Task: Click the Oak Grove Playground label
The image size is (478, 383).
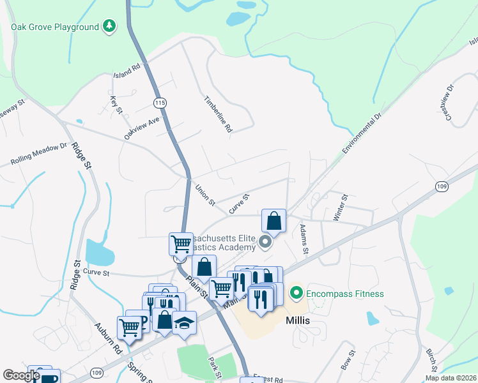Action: pos(55,27)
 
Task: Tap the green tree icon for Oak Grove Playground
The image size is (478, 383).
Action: pos(110,26)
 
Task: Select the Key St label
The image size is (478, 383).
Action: pos(116,105)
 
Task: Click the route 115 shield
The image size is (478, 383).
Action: pos(160,102)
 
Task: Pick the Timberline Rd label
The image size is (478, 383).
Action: pos(219,114)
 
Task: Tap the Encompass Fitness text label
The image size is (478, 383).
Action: pos(344,294)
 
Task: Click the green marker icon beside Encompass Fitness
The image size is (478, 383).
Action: pos(296,294)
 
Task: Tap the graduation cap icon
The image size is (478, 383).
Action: pos(184,323)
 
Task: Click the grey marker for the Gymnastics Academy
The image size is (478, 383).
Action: pos(267,242)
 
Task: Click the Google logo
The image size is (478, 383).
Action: pos(21,375)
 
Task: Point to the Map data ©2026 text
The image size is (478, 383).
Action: pos(451,378)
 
